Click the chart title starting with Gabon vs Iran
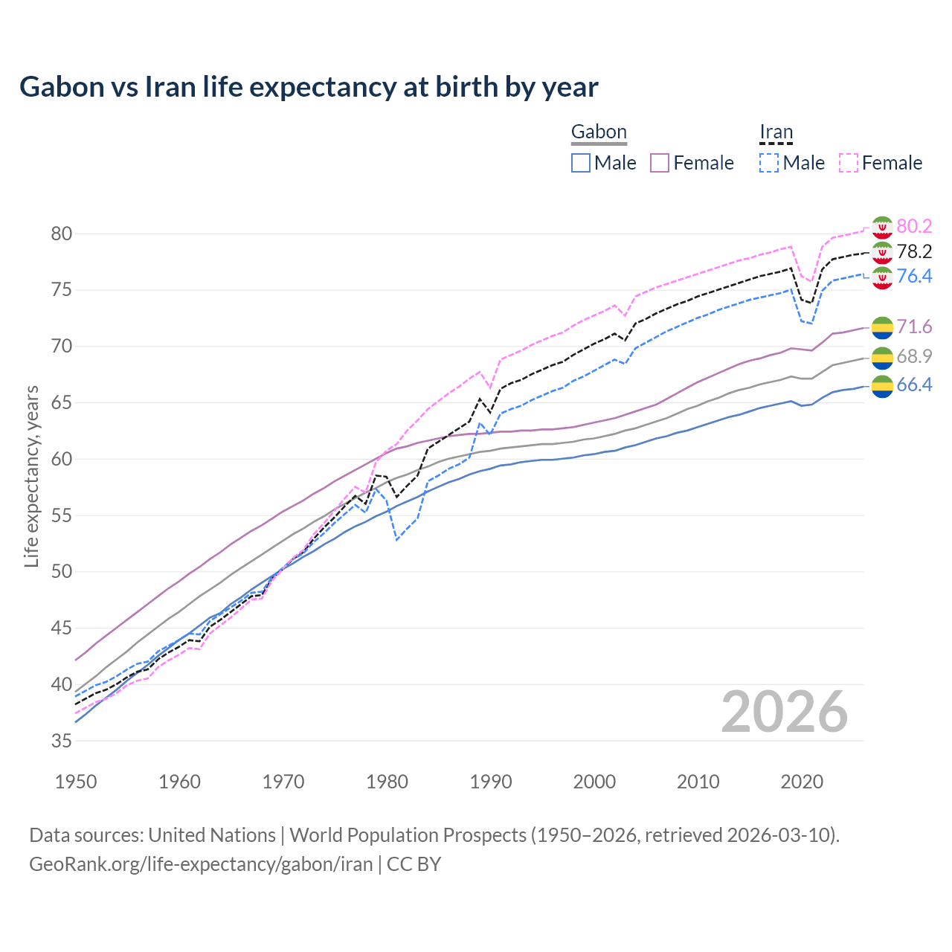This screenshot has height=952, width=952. point(309,87)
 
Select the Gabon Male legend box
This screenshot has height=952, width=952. point(581,163)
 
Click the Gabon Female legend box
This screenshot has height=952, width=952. point(660,163)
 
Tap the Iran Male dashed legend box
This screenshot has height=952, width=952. point(769,163)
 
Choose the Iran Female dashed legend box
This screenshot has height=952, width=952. point(849,163)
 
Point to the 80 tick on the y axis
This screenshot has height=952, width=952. point(62,234)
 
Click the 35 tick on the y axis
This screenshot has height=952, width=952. point(62,741)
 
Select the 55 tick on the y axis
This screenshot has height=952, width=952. point(62,515)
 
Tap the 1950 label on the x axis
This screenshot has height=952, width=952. point(76,782)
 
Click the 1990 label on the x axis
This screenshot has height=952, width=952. point(491,782)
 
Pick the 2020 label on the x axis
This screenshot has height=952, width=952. point(802,782)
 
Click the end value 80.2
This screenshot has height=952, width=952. point(914,226)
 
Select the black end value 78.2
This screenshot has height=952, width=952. point(914,251)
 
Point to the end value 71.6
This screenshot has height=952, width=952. point(914,327)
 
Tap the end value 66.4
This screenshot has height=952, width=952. point(914,385)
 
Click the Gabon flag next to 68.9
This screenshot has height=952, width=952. point(882,357)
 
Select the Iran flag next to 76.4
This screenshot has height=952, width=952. point(882,277)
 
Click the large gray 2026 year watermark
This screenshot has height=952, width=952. point(784,712)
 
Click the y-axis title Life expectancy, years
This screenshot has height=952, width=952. point(31,476)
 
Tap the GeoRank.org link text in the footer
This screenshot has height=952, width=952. point(201,864)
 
